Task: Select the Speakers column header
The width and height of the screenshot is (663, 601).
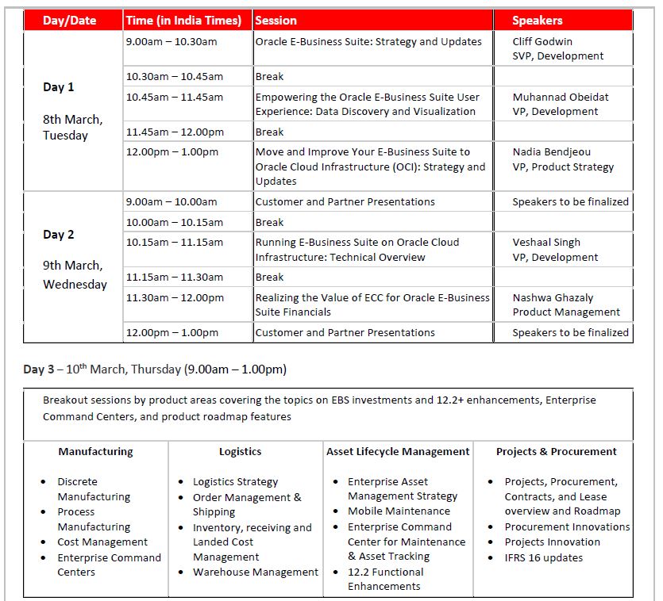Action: coord(537,21)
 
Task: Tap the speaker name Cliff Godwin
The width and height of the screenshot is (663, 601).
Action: coord(542,41)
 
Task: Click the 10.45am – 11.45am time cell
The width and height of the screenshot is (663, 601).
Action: coord(175,97)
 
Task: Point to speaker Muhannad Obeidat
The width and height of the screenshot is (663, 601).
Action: coord(561,97)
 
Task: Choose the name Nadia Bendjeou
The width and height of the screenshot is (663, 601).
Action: coord(551,151)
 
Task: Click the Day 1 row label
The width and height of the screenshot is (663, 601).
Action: coord(59,87)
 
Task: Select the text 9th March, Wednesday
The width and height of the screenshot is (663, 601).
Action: coord(74,274)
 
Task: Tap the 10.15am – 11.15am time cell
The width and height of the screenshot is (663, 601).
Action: coord(175,242)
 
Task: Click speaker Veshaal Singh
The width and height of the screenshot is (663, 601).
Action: coord(546,242)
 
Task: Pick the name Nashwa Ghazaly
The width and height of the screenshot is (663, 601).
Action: coord(553,297)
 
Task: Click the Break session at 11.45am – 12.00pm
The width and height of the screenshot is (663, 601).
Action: coord(269,132)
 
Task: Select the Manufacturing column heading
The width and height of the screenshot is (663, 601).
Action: coord(95,451)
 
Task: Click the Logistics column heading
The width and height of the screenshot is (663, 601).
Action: coord(240,451)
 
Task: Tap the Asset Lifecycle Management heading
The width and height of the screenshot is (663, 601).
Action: coord(398,451)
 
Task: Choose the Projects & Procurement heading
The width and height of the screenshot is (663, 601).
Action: coord(556,451)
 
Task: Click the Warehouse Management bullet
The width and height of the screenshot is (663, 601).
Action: coord(255,572)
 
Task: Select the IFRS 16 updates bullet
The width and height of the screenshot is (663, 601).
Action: coord(543,557)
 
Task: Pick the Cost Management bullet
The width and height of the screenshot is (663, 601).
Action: coord(102,542)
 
